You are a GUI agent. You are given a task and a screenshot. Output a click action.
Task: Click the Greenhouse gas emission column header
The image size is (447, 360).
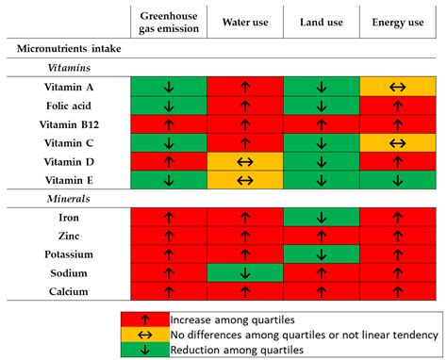pyautogui.click(x=168, y=22)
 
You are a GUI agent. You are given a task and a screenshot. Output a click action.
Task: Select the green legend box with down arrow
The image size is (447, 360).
pyautogui.click(x=144, y=348)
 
